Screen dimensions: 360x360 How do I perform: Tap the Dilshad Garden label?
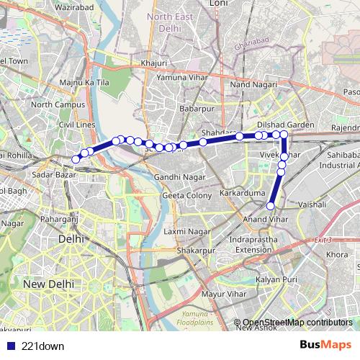[286, 125]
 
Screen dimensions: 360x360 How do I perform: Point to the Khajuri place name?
[154, 63]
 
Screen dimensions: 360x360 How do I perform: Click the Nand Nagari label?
[248, 85]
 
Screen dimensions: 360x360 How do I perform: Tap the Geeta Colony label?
[186, 195]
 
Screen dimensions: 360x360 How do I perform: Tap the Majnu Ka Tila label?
[84, 84]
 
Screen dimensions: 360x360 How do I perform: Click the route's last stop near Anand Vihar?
[271, 207]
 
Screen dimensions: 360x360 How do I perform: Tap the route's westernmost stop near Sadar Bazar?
[76, 159]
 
